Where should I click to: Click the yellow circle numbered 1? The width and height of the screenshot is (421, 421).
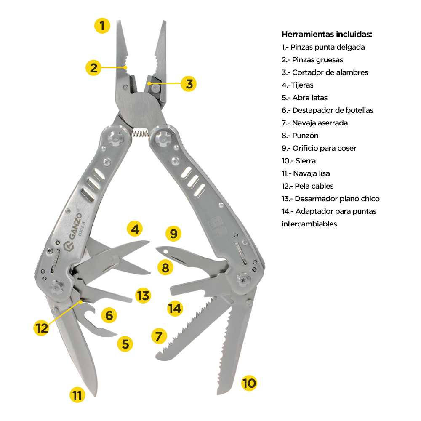tap(102, 26)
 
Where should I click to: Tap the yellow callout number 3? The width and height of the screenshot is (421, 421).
tap(189, 84)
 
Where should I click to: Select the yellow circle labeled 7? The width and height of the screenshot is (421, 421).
tap(159, 336)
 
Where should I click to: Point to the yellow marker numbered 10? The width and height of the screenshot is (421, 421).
tap(249, 383)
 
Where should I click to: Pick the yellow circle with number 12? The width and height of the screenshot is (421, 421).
tap(41, 328)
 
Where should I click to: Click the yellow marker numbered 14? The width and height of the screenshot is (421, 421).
tap(175, 308)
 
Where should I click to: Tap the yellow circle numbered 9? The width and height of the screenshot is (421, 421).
tap(173, 233)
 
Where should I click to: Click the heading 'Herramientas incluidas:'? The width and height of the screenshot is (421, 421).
tap(327, 35)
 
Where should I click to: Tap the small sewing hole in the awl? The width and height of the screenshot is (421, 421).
tap(165, 252)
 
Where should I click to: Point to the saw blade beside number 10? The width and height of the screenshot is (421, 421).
tap(234, 346)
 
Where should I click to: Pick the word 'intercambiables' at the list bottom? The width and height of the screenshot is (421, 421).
tap(309, 224)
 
